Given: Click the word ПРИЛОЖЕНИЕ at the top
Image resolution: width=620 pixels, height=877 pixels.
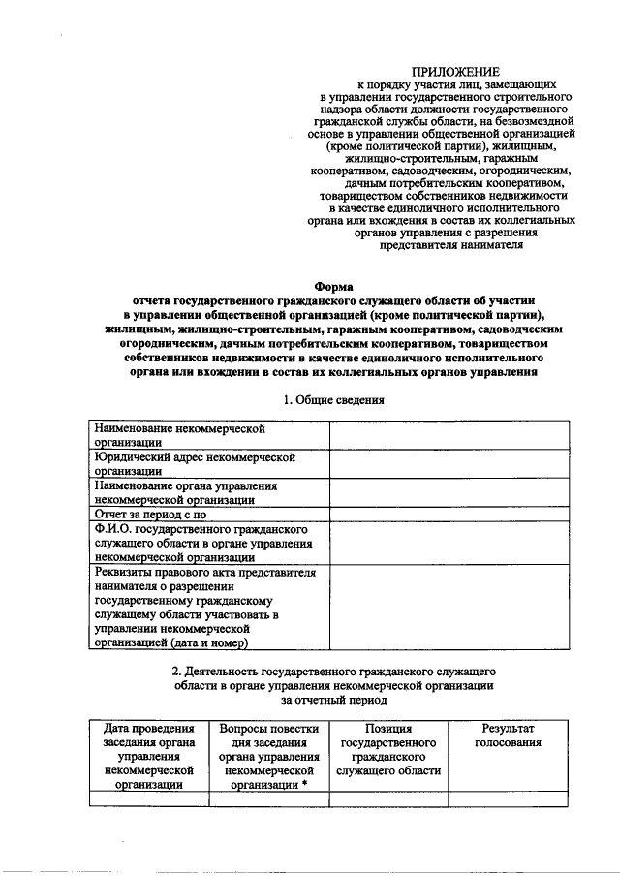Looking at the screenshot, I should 454,72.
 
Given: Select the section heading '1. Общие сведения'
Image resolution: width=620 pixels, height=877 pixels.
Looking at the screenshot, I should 333,400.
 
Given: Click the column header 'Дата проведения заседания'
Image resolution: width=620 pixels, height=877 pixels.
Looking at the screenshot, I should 148,755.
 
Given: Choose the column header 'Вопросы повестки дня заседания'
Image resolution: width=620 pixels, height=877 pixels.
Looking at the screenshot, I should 268,755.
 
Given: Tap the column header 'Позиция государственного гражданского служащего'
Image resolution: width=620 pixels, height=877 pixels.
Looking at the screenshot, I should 388,748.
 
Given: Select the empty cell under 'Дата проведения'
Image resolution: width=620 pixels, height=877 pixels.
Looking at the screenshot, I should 148,799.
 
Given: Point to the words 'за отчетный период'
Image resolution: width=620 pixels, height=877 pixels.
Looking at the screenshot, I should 333,698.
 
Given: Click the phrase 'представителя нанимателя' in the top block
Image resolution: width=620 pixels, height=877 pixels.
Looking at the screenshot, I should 452,245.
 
